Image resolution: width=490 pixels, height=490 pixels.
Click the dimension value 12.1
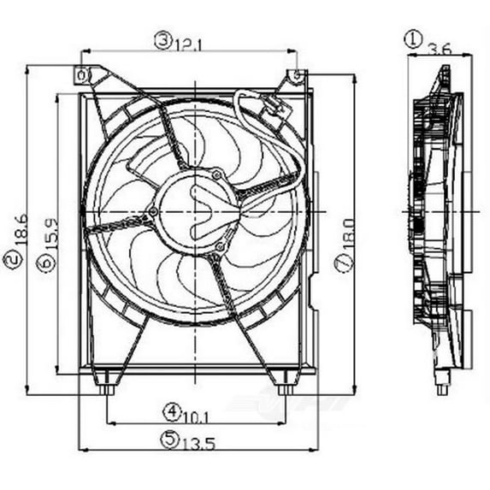coord(190,40)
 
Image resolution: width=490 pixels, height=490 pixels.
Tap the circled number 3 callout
coord(162,38)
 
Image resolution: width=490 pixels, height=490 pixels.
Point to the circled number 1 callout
coord(414,38)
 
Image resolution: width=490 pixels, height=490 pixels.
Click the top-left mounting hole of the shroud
coord(82,76)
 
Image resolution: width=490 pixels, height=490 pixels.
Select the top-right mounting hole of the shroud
coord(296,75)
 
